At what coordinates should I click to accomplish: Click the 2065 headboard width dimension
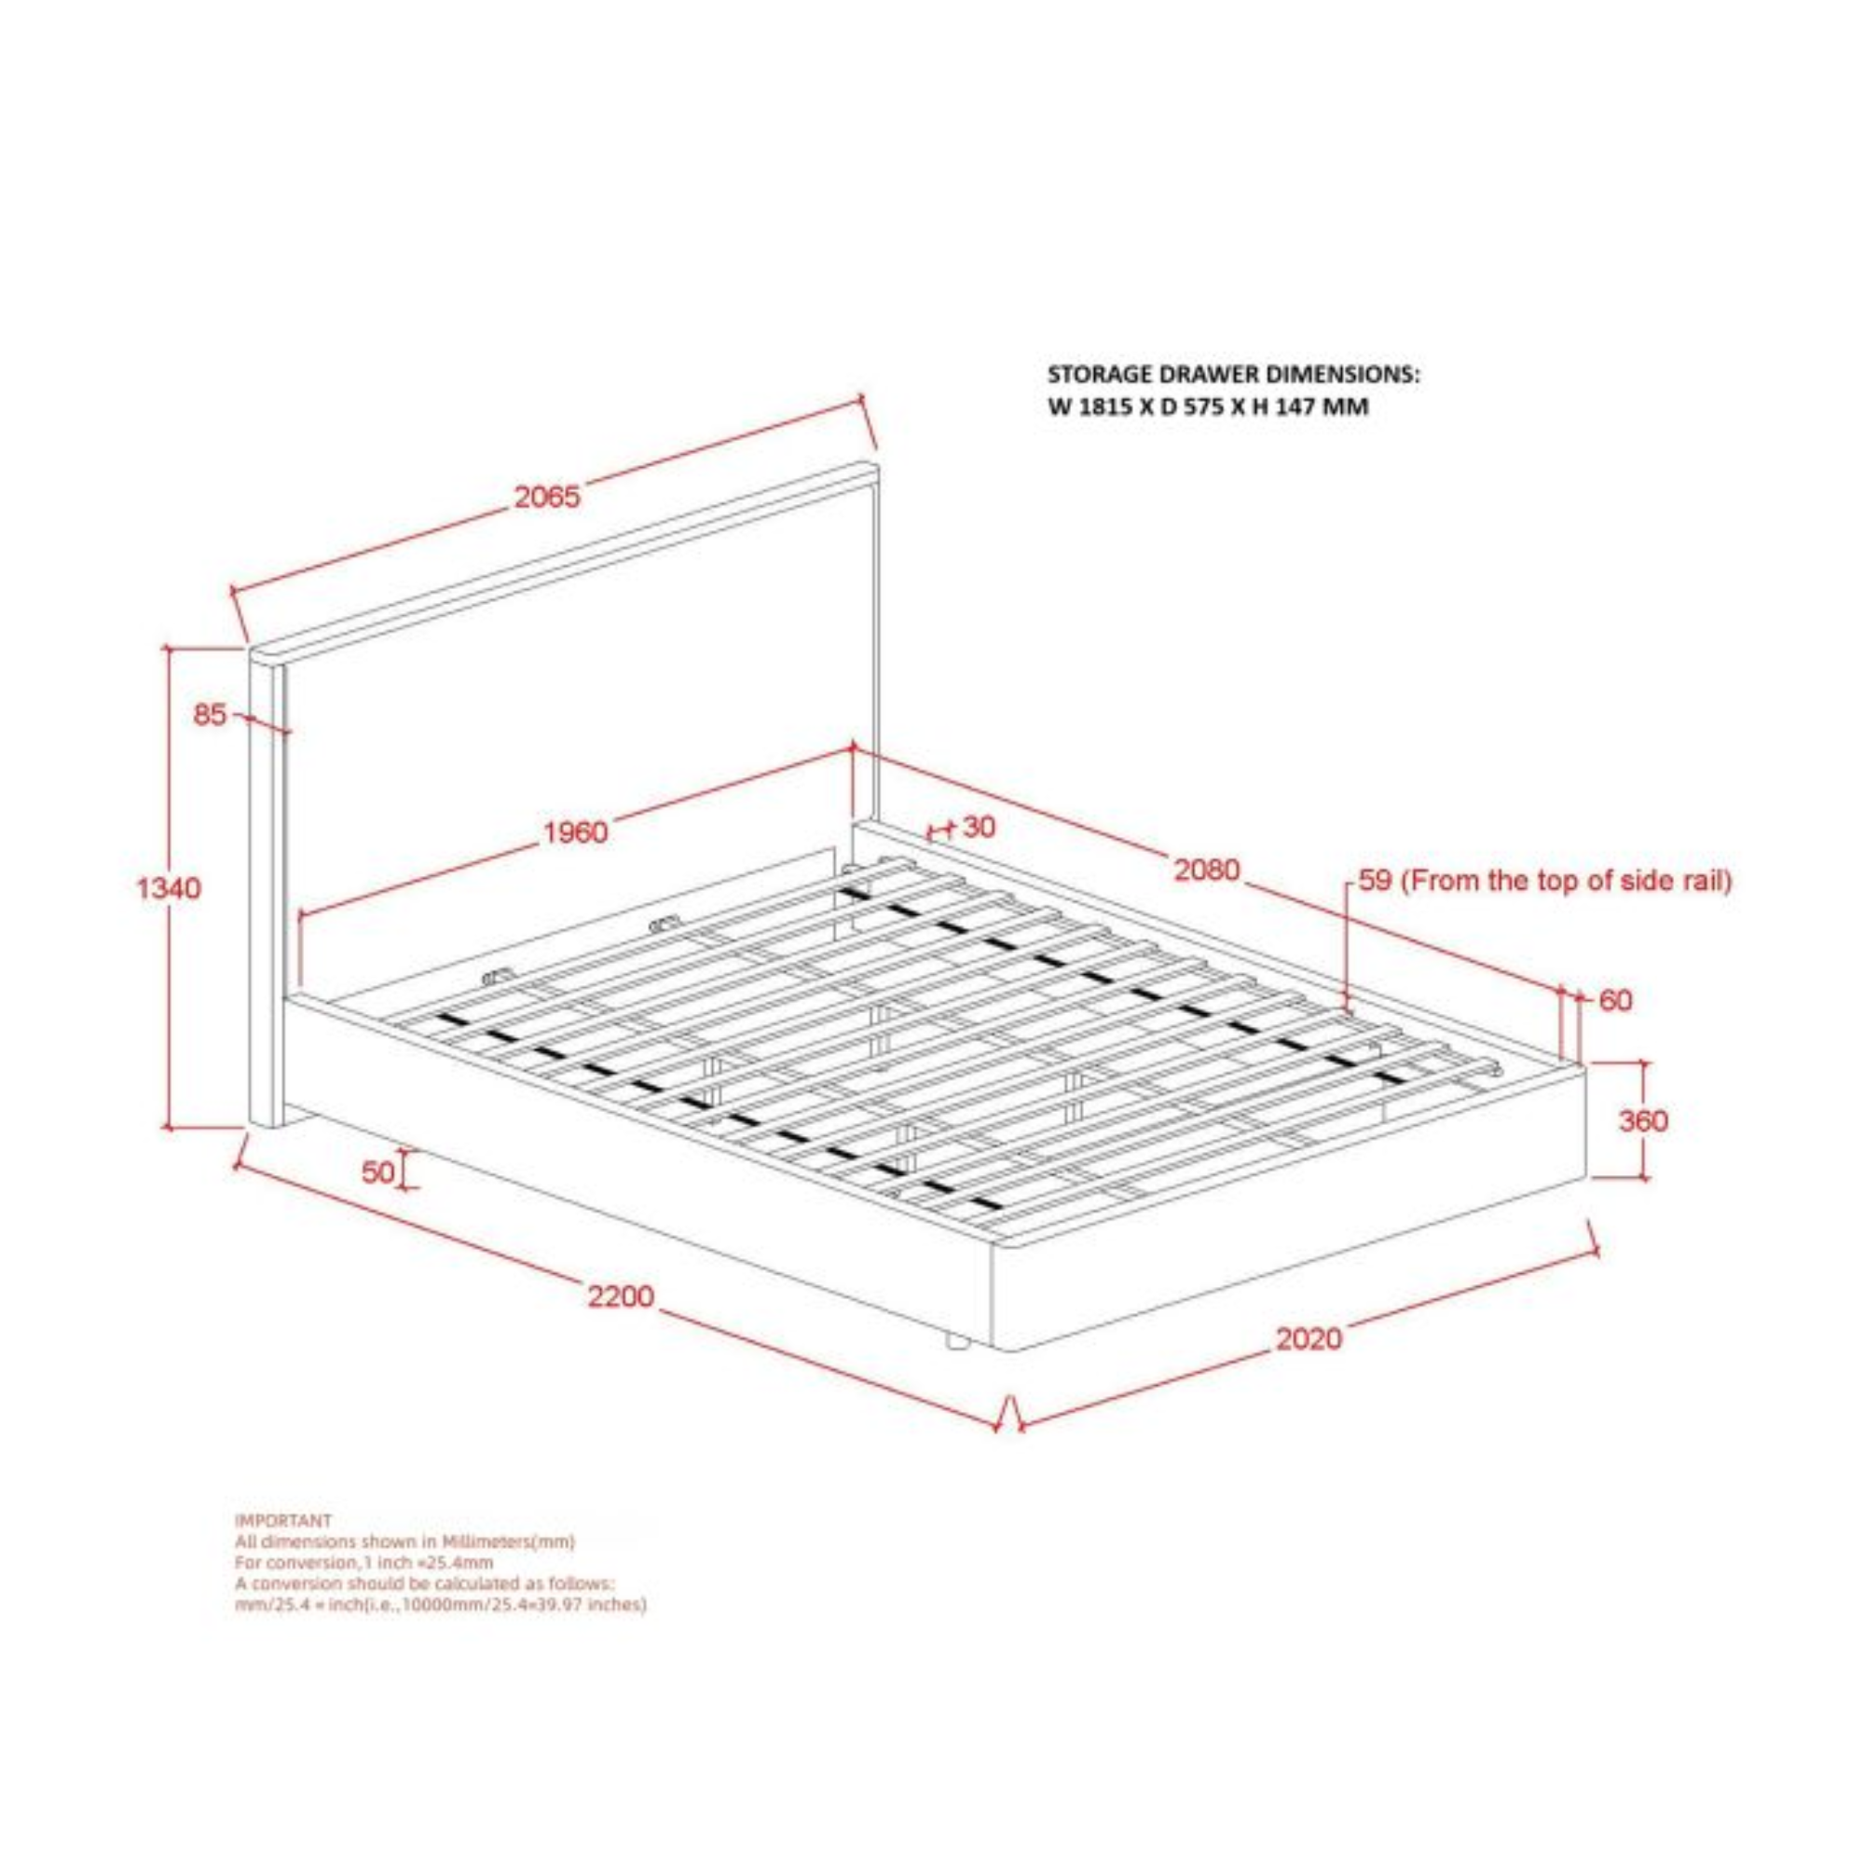(546, 497)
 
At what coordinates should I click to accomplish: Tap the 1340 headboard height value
(169, 887)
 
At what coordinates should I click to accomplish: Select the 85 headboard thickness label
(210, 715)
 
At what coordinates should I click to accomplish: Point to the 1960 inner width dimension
(576, 831)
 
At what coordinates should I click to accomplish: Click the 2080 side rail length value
(1206, 870)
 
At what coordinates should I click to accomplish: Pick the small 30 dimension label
(980, 827)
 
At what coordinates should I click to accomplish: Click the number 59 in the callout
(1375, 880)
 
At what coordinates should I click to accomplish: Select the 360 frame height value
(1643, 1121)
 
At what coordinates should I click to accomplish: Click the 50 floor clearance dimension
(377, 1172)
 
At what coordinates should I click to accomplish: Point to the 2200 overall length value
(621, 1295)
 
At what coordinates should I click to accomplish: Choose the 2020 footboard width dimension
(1309, 1338)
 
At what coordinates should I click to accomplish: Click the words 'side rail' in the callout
(1675, 880)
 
